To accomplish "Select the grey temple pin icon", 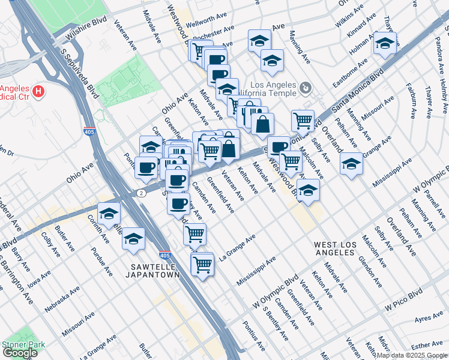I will [x=306, y=89].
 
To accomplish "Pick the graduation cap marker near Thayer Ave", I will [x=384, y=43].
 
